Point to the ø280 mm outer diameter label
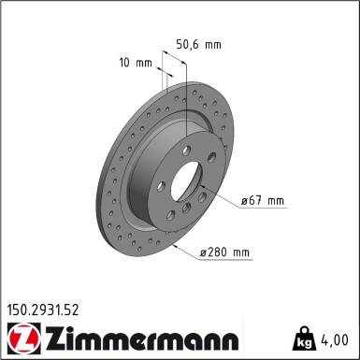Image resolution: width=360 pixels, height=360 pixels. click(225, 252)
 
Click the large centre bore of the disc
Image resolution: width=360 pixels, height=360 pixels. click(194, 183)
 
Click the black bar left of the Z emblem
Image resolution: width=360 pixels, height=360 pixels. click(8, 338)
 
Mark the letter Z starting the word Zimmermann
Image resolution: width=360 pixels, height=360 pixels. click(57, 338)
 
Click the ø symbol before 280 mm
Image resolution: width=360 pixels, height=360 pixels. click(204, 252)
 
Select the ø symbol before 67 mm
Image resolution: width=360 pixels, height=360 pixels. click(244, 201)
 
